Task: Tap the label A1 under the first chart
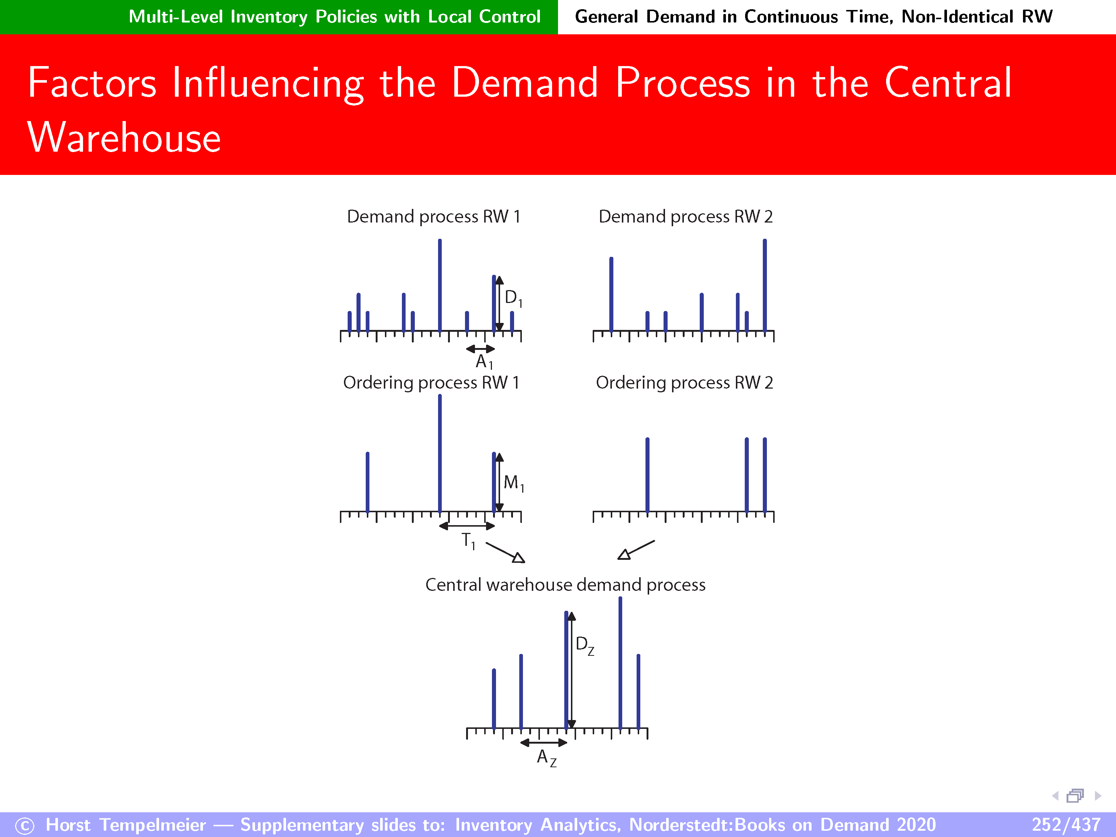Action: point(484,362)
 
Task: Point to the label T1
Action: point(469,541)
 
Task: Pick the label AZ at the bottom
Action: point(547,758)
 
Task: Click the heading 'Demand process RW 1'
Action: point(433,216)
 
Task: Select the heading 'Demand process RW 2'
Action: point(686,216)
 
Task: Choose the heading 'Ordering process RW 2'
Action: point(685,382)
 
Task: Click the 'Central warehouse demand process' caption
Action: point(565,585)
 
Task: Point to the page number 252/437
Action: point(1065,824)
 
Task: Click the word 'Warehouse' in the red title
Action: point(124,137)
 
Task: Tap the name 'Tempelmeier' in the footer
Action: point(152,824)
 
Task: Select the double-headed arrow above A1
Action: point(480,349)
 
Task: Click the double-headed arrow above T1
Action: point(467,526)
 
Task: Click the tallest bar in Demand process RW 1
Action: point(440,286)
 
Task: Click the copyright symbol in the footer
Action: point(25,826)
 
